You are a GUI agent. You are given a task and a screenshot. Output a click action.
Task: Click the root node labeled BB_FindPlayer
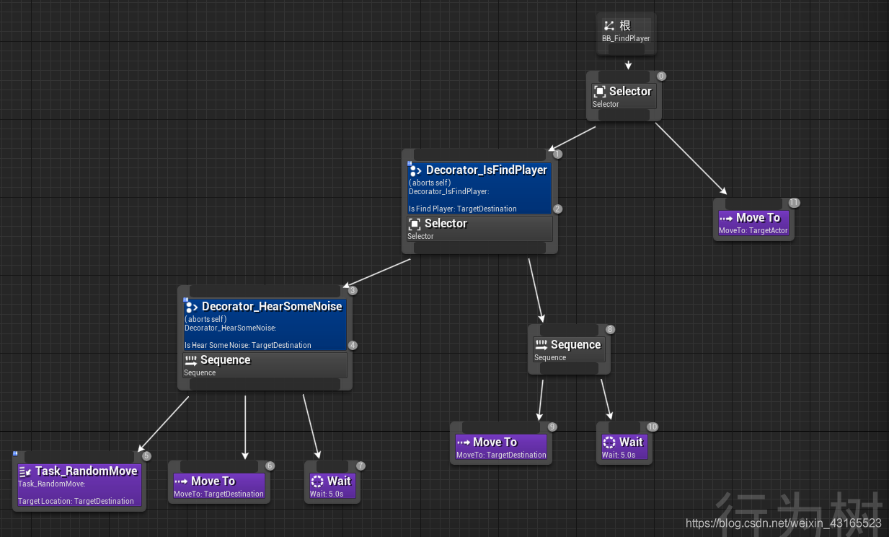pos(627,32)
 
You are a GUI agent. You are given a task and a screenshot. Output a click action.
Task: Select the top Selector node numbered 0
pos(623,96)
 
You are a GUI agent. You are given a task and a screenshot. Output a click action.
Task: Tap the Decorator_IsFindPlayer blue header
pos(479,170)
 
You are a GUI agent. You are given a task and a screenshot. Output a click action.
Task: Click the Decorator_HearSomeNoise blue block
pos(265,325)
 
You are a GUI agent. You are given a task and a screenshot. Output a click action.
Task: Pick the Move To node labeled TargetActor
pos(753,223)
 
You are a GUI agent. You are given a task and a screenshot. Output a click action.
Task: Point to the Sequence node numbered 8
pos(568,350)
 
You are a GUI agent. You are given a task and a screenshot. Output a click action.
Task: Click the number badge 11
pos(795,203)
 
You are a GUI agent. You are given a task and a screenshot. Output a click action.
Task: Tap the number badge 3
pos(353,291)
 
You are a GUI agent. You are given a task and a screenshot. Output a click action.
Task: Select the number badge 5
pos(146,456)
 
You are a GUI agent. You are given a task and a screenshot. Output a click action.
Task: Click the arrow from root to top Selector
pos(628,64)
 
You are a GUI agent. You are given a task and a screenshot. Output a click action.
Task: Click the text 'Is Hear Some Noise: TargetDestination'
pos(248,345)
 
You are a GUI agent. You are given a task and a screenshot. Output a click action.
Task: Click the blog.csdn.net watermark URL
pos(783,523)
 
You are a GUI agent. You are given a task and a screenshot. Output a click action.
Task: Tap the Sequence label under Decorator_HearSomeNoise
pos(225,360)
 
